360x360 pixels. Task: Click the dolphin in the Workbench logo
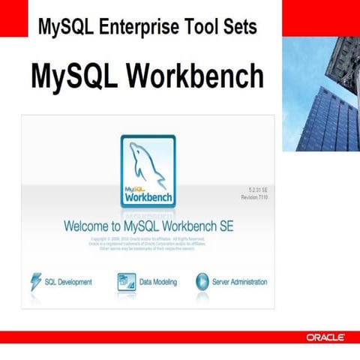point(148,160)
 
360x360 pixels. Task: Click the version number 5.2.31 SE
point(254,190)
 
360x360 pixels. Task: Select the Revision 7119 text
point(253,198)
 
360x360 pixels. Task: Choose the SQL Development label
point(68,282)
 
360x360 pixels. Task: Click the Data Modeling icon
point(125,281)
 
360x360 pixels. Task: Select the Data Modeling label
point(158,282)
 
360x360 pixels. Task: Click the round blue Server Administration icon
point(202,281)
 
